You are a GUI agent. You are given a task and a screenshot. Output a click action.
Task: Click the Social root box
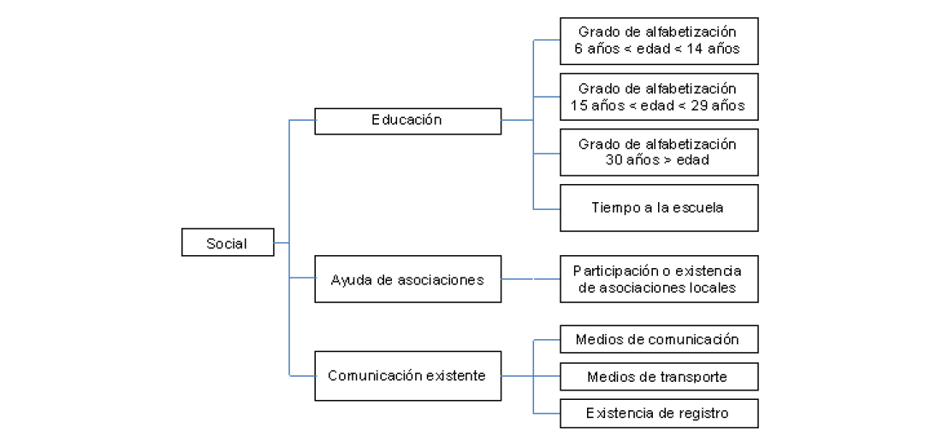[x=228, y=243]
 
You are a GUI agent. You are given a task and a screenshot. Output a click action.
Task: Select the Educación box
[x=407, y=121]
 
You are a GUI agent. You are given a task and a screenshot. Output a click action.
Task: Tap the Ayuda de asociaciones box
[x=407, y=279]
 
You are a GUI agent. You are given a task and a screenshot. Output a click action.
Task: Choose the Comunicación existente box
[x=407, y=375]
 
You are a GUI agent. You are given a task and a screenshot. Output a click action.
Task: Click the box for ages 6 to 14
[x=658, y=40]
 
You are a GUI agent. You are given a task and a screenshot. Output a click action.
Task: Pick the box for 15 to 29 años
[x=658, y=98]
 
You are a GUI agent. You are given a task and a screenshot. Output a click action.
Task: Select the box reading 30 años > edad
[x=658, y=152]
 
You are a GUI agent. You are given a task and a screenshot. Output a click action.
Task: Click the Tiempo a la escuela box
[x=658, y=207]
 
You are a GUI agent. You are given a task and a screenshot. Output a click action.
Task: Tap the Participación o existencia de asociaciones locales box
[x=658, y=279]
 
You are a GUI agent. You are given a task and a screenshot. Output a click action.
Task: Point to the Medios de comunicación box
[x=658, y=339]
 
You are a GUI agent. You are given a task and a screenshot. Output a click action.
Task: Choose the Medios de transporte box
[x=658, y=377]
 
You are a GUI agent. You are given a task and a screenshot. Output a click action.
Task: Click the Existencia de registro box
[x=658, y=414]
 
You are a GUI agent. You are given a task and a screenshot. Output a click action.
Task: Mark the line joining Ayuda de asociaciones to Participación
[x=531, y=279]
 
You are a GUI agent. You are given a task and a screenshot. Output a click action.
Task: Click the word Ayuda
[x=349, y=279]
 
